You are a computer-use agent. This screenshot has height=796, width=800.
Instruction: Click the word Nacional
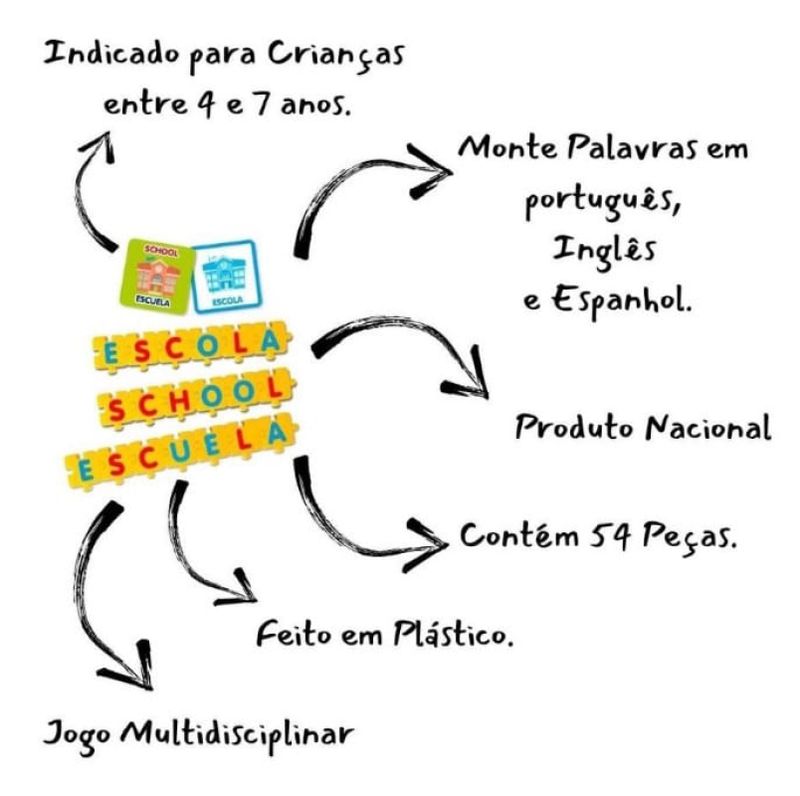(x=706, y=428)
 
